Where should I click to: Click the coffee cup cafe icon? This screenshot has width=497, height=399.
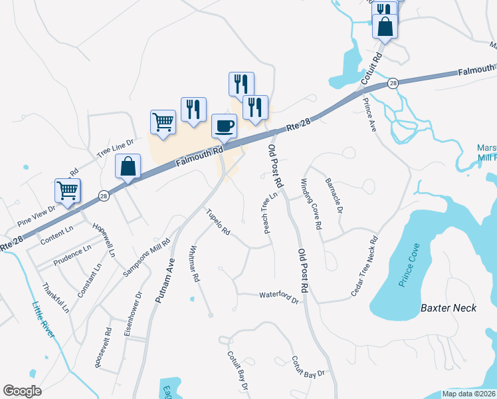(224, 126)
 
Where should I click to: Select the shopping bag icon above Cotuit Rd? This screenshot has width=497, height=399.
(385, 27)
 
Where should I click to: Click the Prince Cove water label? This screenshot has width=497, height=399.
(410, 273)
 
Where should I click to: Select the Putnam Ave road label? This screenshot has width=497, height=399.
(165, 280)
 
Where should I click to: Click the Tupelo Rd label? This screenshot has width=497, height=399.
(218, 223)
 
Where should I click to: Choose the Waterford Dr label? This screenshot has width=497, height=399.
(279, 297)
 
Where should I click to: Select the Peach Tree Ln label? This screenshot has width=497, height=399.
(270, 213)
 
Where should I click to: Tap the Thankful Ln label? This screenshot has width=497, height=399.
(56, 297)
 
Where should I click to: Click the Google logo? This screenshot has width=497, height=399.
(23, 390)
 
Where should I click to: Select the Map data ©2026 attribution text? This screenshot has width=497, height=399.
(468, 393)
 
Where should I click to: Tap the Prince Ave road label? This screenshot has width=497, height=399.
(369, 115)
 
